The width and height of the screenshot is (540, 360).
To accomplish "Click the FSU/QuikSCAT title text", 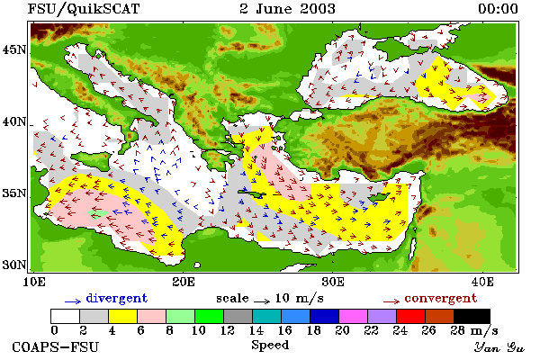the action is tap(84, 9).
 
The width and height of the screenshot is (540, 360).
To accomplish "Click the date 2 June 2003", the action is tap(287, 9).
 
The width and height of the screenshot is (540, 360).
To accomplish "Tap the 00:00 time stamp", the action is tap(498, 9).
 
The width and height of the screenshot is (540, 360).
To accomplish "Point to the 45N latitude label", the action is tap(14, 50).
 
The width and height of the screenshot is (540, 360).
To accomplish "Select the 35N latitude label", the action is tap(14, 193).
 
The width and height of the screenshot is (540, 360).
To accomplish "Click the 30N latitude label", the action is tap(14, 265).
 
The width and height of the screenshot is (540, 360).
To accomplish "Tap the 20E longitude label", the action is tap(184, 282).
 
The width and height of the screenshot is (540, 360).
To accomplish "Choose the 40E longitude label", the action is tap(482, 282).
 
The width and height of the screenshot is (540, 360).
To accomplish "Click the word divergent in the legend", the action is tap(117, 298).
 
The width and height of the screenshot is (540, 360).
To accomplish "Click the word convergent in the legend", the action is tap(441, 298).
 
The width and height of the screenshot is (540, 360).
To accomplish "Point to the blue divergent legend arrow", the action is tap(73, 301).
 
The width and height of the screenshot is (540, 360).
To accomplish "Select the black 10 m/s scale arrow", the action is tap(262, 301).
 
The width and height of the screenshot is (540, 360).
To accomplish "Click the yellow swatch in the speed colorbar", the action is tap(122, 316).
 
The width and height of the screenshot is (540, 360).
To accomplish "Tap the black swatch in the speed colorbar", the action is tap(472, 316).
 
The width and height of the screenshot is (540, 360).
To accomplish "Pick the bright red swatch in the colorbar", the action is tap(411, 316).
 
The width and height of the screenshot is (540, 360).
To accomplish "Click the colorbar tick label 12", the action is tap(228, 330).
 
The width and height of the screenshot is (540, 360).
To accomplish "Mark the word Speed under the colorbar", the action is tap(270, 346).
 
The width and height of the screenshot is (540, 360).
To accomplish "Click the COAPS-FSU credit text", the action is tap(56, 346).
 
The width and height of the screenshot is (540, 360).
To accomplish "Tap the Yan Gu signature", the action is tap(499, 347).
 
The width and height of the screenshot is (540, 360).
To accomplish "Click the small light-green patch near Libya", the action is tap(98, 214).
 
